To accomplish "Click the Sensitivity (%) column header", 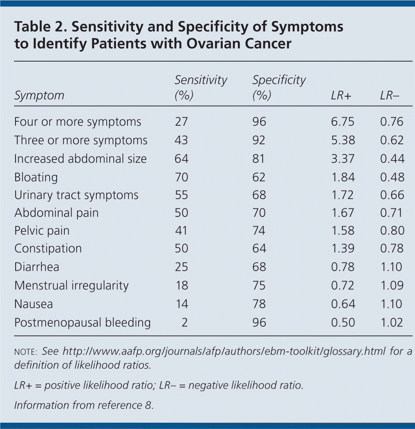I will (x=200, y=88).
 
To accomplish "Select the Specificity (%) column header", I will (x=279, y=88).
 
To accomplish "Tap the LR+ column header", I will (x=341, y=96).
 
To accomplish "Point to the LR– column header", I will (x=389, y=96).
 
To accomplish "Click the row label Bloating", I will (x=36, y=177).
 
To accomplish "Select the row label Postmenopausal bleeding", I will (x=82, y=322).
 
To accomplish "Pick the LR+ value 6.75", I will (x=343, y=122).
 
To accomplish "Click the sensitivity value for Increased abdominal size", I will (x=182, y=159).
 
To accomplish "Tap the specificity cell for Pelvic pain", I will (x=259, y=231).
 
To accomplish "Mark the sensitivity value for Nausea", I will (x=182, y=304).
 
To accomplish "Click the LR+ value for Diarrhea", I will (x=343, y=267).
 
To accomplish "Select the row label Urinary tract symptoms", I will (x=76, y=195).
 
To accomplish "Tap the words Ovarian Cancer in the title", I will (x=239, y=44).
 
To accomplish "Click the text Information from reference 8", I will (x=84, y=405).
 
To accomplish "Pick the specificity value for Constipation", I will (x=259, y=248).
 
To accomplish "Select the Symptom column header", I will (x=39, y=96).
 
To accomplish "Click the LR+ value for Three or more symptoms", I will (x=343, y=140).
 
